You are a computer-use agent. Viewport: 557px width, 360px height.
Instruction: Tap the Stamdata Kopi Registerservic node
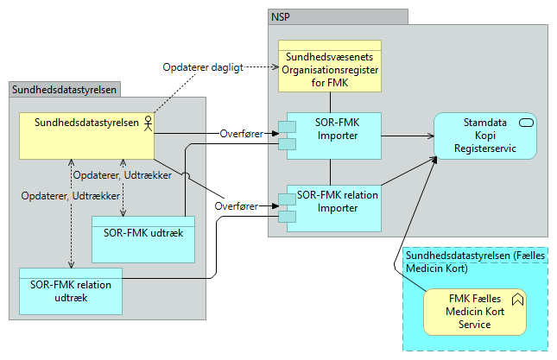click(x=485, y=136)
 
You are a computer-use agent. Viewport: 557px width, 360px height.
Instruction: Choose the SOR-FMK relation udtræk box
click(x=70, y=291)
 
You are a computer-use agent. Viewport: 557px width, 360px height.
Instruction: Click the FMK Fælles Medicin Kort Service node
click(x=476, y=311)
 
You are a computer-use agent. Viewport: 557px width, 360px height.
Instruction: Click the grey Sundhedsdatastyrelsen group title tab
click(x=64, y=89)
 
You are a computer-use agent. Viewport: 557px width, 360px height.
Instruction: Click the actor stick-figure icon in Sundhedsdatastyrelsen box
click(x=147, y=123)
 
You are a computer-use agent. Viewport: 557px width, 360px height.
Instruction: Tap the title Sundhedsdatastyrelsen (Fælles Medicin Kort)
click(x=474, y=261)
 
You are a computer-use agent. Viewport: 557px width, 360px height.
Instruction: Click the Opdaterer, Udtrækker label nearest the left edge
click(x=57, y=195)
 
